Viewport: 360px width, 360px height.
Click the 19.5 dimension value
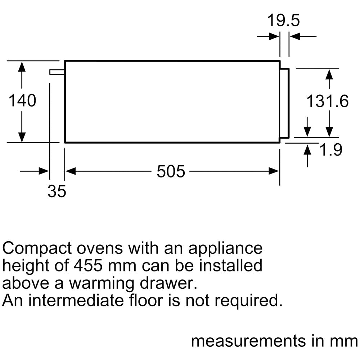tap(284, 21)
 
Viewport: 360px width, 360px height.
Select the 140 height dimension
tap(22, 100)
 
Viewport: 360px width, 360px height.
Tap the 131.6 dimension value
tap(327, 101)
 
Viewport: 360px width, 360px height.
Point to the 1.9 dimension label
tap(331, 150)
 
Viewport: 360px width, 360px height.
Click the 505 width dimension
tap(171, 171)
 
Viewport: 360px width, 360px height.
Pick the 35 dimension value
tap(57, 191)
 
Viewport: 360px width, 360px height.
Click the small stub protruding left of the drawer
tap(57, 72)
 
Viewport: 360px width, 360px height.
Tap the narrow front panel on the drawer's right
tap(284, 103)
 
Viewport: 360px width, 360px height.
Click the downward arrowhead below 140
tap(22, 137)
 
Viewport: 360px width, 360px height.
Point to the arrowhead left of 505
tap(71, 171)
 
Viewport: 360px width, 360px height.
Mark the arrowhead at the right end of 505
tap(274, 171)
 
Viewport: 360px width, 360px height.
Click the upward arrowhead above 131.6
tap(329, 75)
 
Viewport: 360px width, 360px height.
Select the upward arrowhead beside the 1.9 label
tap(307, 149)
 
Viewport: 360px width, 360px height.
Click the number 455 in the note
tap(88, 265)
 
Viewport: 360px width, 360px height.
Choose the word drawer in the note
tap(168, 283)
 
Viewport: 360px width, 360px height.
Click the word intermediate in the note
tap(76, 300)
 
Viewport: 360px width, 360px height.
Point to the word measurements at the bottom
tap(249, 341)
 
